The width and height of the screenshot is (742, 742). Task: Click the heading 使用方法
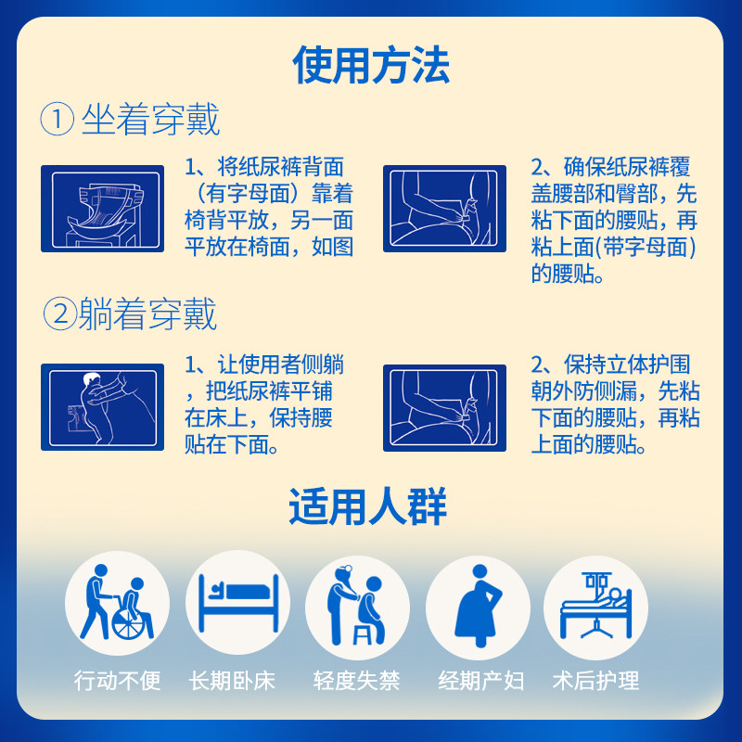(370, 66)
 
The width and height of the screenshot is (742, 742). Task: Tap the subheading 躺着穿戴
(148, 314)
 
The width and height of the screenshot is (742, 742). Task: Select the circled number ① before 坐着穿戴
(57, 121)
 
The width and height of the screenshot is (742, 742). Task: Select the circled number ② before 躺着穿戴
(58, 315)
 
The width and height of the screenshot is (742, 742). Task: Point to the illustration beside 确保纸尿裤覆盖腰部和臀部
(444, 209)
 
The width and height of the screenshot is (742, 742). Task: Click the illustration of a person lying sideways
(102, 406)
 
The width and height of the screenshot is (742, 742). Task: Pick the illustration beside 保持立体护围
(444, 406)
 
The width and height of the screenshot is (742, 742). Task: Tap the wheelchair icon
(117, 603)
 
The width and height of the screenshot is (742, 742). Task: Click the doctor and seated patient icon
(357, 603)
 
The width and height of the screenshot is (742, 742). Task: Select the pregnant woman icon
(477, 603)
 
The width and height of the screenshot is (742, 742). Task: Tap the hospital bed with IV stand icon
(595, 603)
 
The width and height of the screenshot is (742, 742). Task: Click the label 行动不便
(117, 682)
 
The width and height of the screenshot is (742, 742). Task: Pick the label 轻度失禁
(357, 682)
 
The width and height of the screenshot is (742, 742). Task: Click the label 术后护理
(595, 682)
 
